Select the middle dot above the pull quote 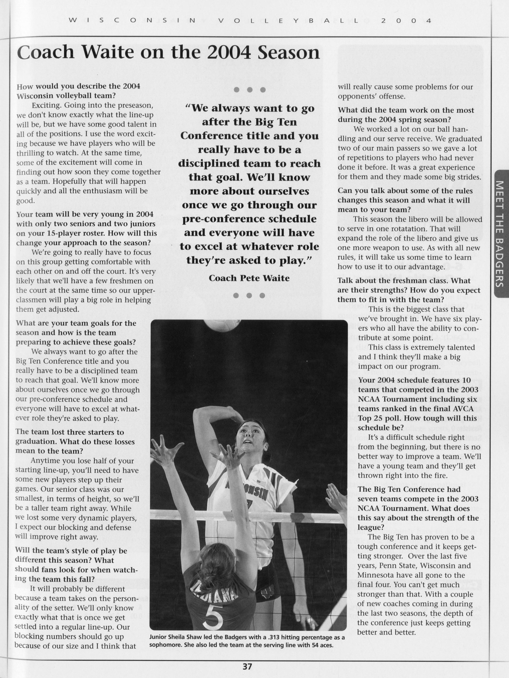coord(249,90)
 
